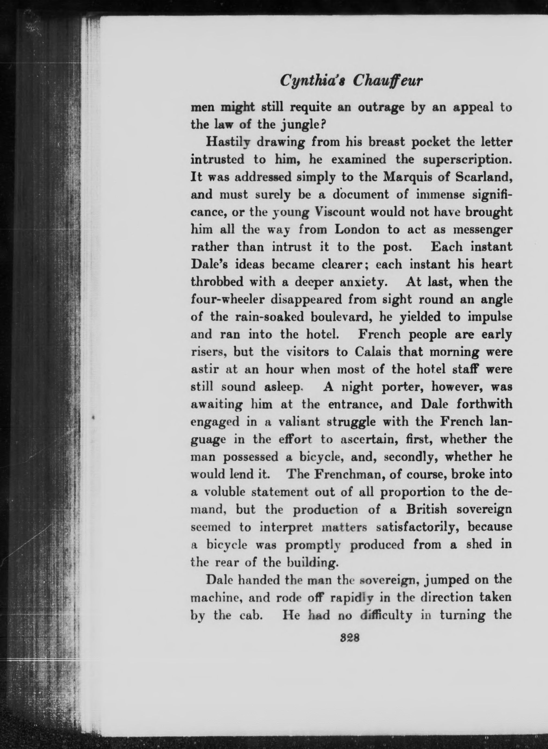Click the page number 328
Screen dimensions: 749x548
350,638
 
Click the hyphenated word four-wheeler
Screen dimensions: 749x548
228,300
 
